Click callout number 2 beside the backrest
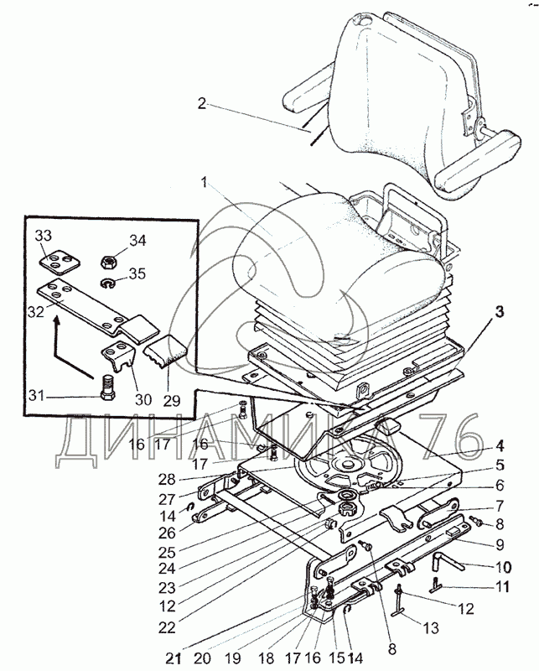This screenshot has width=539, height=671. coord(202,103)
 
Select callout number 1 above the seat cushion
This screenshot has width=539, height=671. coord(205,184)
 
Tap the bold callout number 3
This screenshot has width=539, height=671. coord(500,311)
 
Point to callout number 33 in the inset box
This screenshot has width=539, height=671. coord(44,236)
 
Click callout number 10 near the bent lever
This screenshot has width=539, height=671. coord(503,568)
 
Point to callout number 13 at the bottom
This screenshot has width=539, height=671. coord(431,627)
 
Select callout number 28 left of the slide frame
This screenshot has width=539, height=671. coord(167,480)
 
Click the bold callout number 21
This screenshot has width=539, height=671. coord(174,658)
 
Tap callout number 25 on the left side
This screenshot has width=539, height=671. coord(167,553)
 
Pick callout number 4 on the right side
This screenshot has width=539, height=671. coord(500,446)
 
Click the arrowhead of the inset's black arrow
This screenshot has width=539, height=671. coord(56,318)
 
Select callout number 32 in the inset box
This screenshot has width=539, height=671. coord(35,311)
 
